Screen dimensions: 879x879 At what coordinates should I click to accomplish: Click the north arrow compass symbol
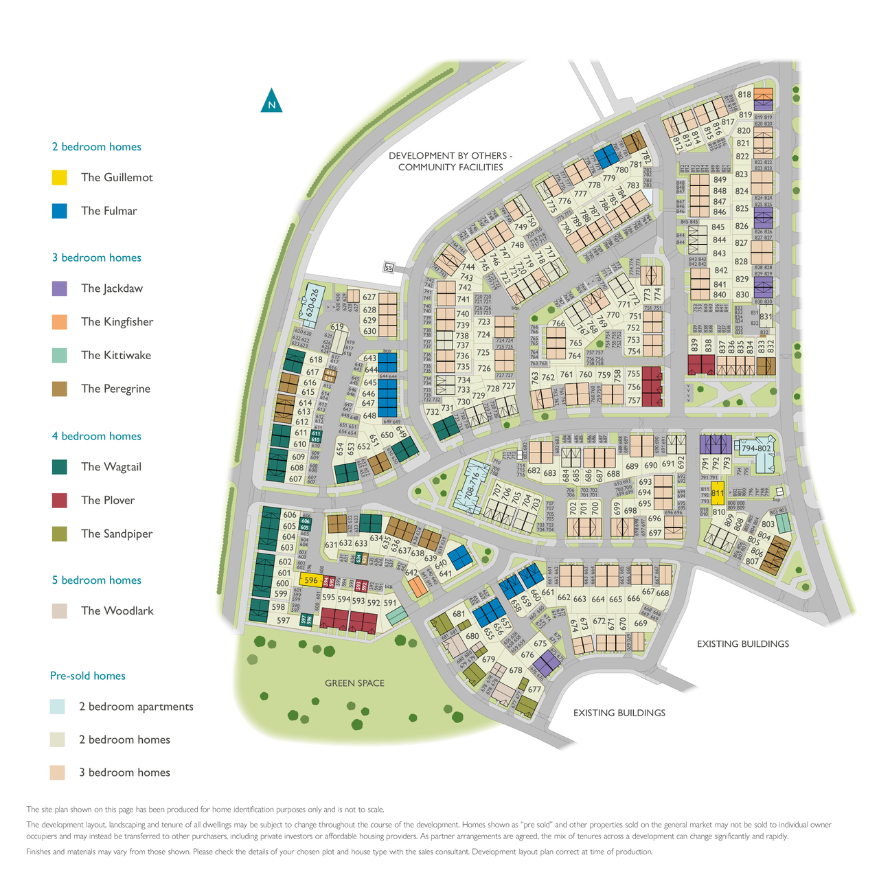pos(271,102)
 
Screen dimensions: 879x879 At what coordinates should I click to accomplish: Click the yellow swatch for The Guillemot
pos(60,177)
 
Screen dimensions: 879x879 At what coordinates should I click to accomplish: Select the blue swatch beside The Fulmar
pos(60,211)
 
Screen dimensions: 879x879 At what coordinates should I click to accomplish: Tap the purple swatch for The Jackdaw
pos(60,288)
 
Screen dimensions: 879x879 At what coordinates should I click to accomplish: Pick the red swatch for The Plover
pos(60,500)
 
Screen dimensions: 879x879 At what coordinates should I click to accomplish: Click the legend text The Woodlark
pos(117,610)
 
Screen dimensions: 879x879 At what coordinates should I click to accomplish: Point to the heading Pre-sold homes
pos(88,676)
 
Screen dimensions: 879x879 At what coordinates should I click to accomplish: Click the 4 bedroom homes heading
pos(96,436)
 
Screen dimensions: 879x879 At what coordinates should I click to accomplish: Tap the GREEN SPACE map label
pos(354,683)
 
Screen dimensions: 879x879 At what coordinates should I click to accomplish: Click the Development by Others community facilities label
pos(450,161)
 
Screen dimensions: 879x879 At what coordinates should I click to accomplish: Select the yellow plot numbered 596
pos(310,580)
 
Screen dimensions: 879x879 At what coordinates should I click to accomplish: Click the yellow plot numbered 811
pos(718,493)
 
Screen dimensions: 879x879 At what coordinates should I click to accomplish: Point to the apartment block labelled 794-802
pos(756,448)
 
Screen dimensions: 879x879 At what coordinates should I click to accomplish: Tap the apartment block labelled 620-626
pos(314,303)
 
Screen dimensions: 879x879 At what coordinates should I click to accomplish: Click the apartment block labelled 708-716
pos(472,488)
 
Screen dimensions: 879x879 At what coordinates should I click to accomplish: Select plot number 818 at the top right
pos(744,95)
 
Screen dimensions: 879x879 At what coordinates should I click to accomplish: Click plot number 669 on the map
pos(641,624)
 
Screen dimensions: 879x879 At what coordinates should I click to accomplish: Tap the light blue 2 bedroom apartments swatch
pos(58,707)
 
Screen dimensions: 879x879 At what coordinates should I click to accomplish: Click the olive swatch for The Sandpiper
pos(60,534)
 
